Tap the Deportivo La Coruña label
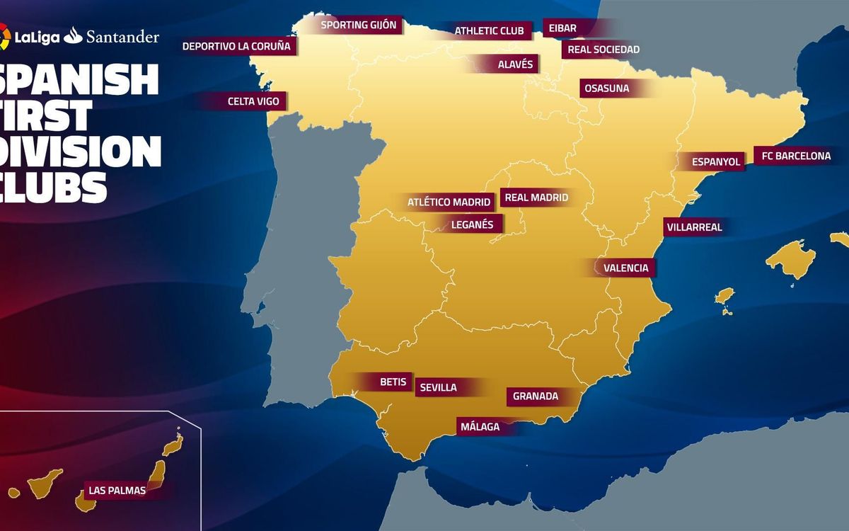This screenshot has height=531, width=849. (236, 46)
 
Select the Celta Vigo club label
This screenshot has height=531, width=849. (253, 101)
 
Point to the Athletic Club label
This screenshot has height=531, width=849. (489, 31)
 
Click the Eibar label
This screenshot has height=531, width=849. (562, 28)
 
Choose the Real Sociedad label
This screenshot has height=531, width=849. (603, 50)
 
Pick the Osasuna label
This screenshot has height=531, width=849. (606, 88)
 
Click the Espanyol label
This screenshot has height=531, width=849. (716, 161)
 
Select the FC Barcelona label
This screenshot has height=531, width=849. (796, 156)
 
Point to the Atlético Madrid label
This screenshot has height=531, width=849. (449, 202)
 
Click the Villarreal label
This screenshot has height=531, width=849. (693, 227)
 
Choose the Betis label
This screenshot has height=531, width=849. (393, 382)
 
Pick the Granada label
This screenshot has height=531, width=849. (536, 396)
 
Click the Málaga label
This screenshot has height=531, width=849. (480, 427)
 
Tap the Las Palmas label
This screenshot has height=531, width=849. (117, 490)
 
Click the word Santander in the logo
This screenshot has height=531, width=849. (122, 37)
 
